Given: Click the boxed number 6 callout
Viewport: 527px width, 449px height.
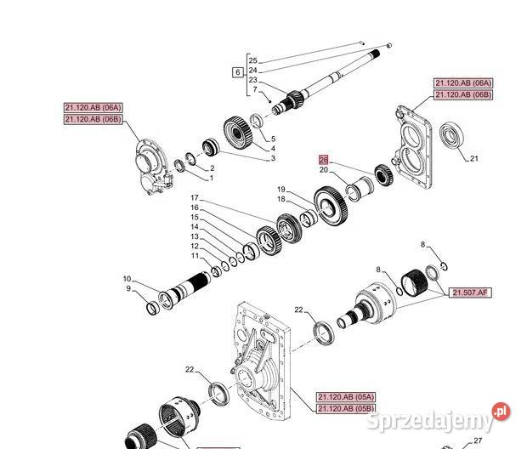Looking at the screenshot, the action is [x=238, y=72].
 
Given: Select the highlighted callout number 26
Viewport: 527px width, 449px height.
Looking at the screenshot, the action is [x=323, y=159].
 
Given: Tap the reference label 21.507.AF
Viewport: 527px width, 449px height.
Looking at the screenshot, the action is [x=469, y=293].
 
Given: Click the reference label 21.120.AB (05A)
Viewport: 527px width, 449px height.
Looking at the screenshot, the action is [x=346, y=397].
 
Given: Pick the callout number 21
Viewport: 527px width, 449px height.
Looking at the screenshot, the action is [x=474, y=158].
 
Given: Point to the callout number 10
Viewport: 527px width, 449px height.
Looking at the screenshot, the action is [x=127, y=279].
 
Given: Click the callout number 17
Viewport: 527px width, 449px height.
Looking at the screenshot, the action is [x=195, y=198].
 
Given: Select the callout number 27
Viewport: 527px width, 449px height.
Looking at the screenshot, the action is [x=478, y=440].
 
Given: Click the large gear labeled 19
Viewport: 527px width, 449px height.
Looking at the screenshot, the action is [x=331, y=206].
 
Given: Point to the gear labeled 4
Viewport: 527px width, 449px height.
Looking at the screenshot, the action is [x=238, y=132].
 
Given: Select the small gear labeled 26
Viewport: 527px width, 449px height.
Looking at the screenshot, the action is [x=383, y=174].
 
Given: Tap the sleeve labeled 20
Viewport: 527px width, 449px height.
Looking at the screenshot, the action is [x=360, y=188].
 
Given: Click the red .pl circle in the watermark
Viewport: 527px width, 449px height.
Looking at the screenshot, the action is [x=501, y=411].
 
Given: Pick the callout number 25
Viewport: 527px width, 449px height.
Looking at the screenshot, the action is [x=252, y=60].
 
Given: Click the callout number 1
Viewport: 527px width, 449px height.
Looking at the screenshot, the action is [x=212, y=178].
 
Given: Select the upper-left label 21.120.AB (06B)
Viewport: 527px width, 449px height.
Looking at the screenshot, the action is [x=93, y=119].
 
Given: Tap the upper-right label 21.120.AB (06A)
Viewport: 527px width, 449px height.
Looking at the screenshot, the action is [x=462, y=83].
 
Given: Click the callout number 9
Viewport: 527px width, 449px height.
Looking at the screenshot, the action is [x=128, y=288].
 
